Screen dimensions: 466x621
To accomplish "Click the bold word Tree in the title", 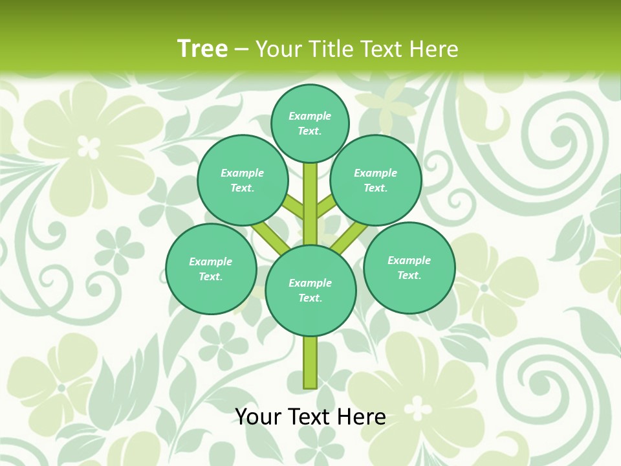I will click(202, 49).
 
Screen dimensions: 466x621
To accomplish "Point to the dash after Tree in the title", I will click(241, 49).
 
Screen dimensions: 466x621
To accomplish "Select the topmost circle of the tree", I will click(310, 123).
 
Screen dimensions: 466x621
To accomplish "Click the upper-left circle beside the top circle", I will click(243, 180).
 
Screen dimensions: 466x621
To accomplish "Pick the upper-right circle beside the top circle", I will click(376, 180).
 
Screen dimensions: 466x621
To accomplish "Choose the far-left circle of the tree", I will click(211, 269).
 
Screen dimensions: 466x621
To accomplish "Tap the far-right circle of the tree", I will click(409, 267).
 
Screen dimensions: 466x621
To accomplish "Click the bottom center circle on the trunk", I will click(310, 291).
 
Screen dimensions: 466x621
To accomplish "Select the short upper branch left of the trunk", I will click(294, 208).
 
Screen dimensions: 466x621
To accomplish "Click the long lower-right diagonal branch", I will click(349, 237).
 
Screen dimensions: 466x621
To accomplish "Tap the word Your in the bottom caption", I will click(257, 417).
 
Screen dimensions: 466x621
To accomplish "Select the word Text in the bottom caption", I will click(310, 417).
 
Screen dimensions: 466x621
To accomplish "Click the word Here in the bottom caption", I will click(362, 417).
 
